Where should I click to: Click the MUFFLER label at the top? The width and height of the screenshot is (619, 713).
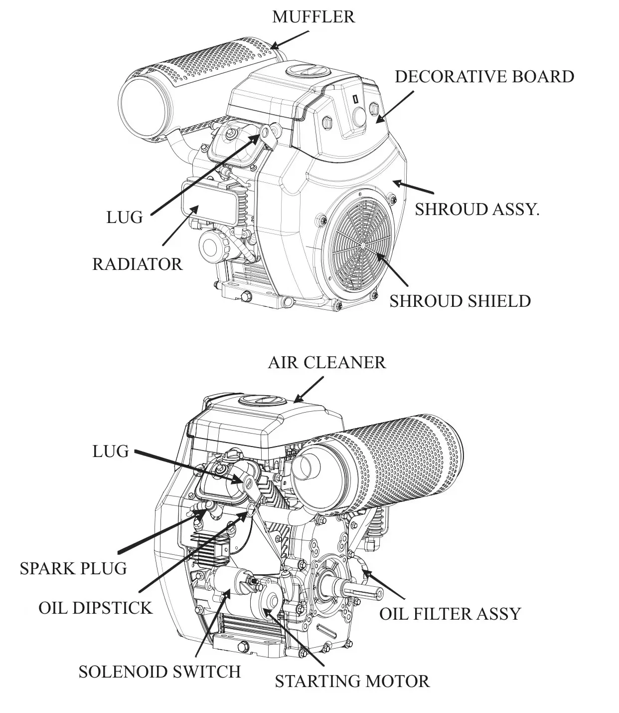[313, 17]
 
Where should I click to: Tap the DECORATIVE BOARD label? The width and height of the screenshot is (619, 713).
[484, 77]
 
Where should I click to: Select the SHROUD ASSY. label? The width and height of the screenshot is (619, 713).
[477, 209]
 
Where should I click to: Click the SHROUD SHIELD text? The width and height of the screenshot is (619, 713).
[460, 301]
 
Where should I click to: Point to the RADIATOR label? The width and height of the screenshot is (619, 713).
[138, 264]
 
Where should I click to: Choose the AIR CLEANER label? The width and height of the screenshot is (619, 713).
[326, 362]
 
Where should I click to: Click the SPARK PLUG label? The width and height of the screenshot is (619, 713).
[73, 568]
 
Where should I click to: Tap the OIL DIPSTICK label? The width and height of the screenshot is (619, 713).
[95, 608]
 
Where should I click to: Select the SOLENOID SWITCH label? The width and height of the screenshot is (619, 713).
[159, 672]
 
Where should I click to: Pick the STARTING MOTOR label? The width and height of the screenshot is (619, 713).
[352, 681]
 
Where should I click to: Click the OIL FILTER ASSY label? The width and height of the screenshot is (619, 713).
[450, 613]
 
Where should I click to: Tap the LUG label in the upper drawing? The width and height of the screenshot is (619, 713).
[125, 217]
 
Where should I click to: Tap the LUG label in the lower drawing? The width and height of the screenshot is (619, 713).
[111, 451]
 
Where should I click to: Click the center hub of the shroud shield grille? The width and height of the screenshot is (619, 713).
[362, 245]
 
